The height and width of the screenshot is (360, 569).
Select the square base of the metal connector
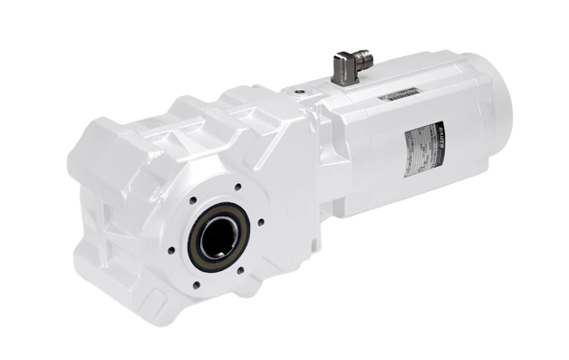342,83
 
